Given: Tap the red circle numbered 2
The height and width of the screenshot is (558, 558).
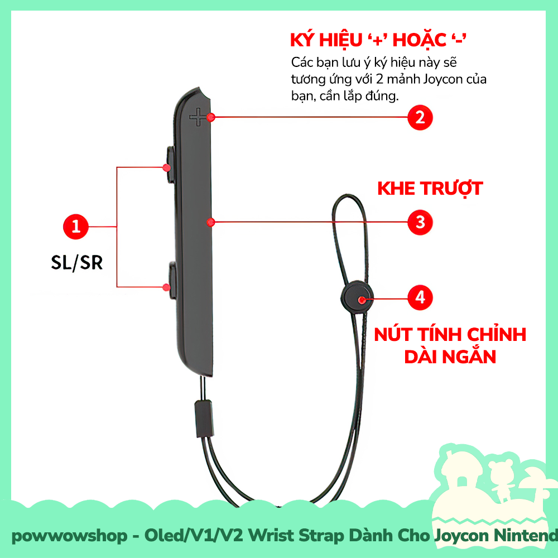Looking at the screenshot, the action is point(420,117).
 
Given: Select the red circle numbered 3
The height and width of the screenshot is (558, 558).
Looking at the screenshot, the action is point(420,222).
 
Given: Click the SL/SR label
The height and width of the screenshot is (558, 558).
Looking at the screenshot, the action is point(77,262).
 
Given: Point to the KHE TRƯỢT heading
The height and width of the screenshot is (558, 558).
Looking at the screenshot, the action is point(430,188).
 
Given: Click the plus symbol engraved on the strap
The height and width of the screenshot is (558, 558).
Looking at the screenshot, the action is point(197,117).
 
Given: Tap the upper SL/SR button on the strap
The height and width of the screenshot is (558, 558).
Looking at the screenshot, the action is point(170,166).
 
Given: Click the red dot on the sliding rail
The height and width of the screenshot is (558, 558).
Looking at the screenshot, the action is point(210,222).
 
